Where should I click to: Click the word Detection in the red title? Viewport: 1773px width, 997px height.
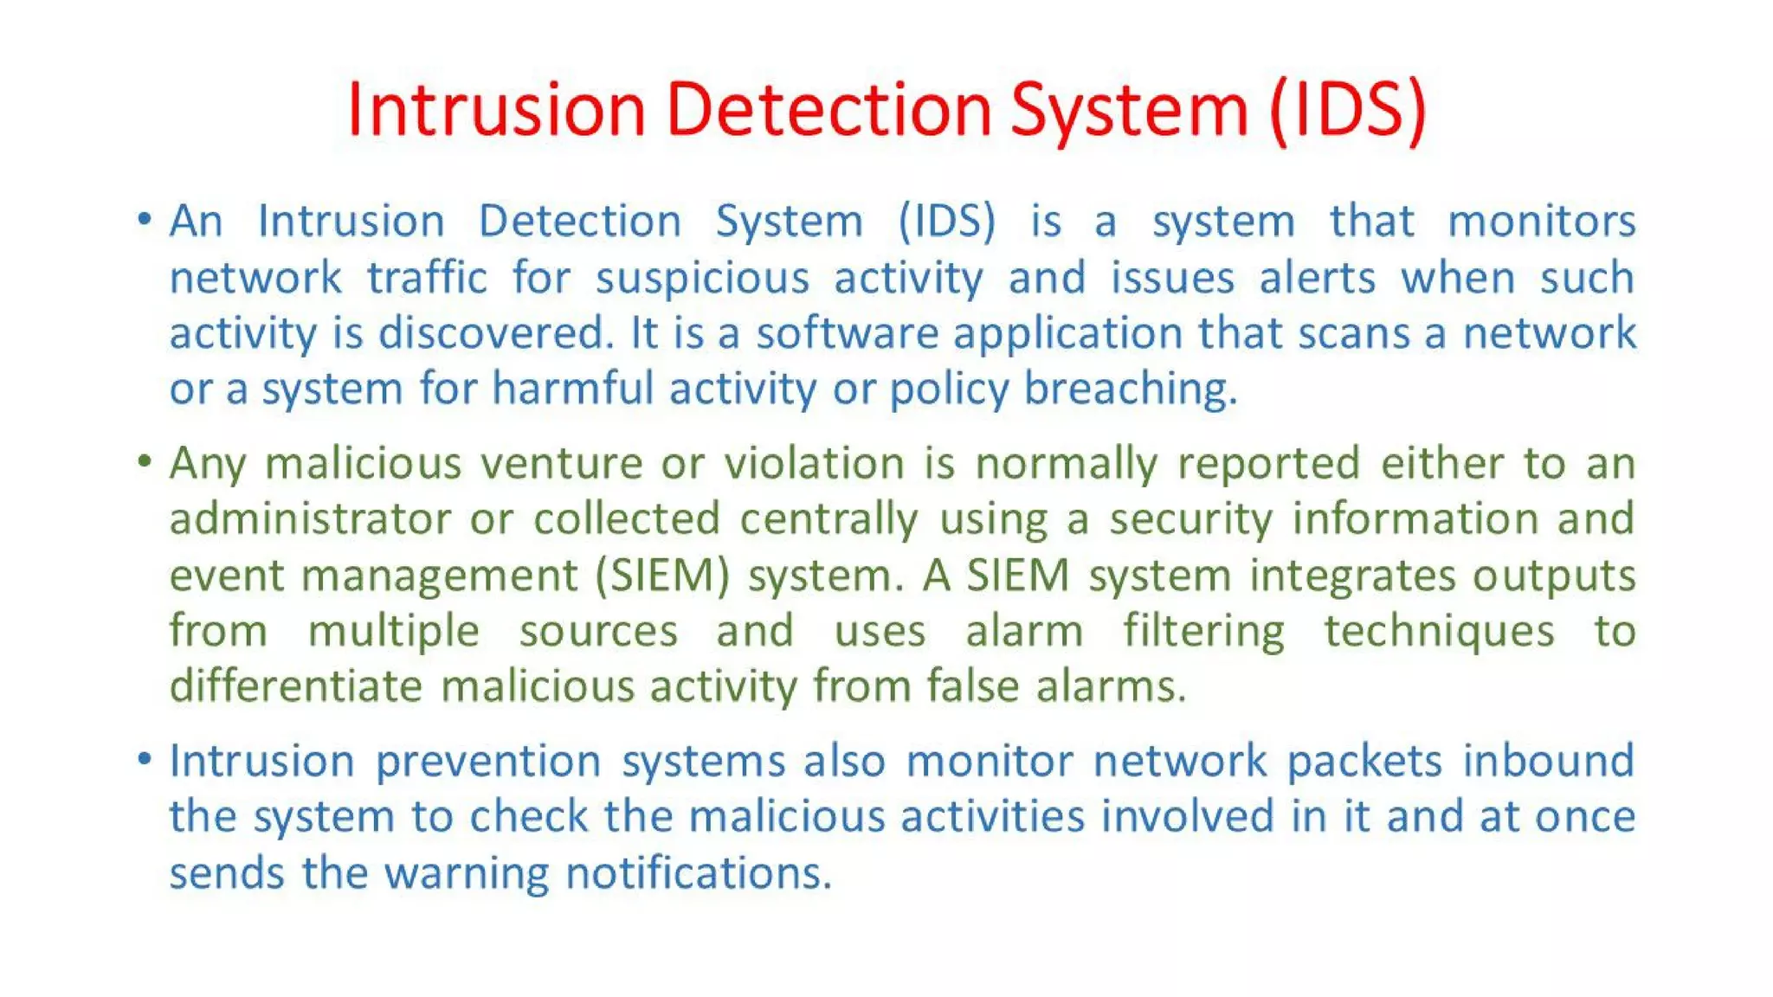pyautogui.click(x=828, y=110)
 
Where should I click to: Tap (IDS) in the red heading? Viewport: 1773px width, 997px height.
pyautogui.click(x=1347, y=110)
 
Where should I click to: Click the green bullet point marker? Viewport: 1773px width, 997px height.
pyautogui.click(x=145, y=460)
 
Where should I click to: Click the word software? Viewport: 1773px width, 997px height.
pyautogui.click(x=847, y=333)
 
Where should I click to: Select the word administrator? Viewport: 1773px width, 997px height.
pyautogui.click(x=310, y=519)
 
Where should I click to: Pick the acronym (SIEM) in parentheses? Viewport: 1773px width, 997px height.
pyautogui.click(x=662, y=576)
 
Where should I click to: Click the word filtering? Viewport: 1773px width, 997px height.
pyautogui.click(x=1203, y=631)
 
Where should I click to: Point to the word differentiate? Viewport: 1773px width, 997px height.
pyautogui.click(x=295, y=686)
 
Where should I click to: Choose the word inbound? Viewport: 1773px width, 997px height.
pyautogui.click(x=1548, y=761)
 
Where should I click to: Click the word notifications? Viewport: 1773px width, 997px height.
pyautogui.click(x=698, y=873)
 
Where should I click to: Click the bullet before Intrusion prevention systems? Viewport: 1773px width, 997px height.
pyautogui.click(x=145, y=759)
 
